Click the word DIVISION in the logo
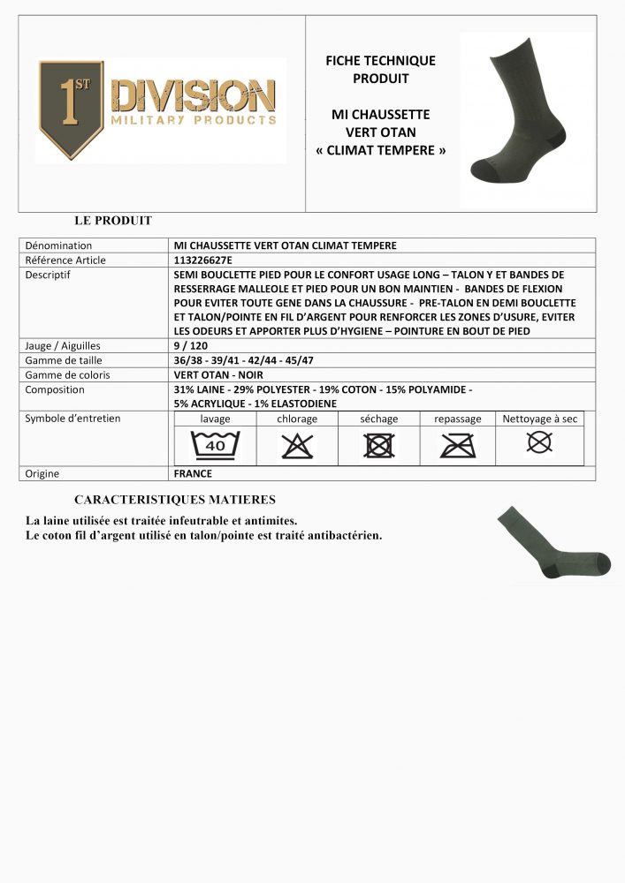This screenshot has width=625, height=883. click(194, 95)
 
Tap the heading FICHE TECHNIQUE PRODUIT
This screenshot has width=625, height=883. click(381, 69)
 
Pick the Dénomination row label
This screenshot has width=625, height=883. click(58, 245)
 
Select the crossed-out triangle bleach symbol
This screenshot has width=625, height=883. click(297, 446)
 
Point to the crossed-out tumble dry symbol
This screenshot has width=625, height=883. click(379, 446)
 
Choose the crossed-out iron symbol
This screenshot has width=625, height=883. click(458, 446)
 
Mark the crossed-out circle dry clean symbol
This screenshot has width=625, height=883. click(539, 441)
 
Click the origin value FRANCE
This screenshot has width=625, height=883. click(194, 473)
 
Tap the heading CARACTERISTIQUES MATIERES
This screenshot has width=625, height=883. click(175, 500)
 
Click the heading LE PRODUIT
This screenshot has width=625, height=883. click(113, 221)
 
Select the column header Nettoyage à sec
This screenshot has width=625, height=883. click(539, 419)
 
